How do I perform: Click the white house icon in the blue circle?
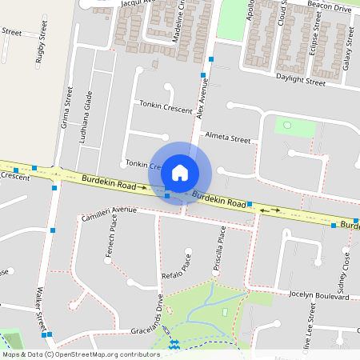180,172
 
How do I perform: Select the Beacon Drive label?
330,8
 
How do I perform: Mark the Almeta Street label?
228,138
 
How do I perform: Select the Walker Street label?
40,310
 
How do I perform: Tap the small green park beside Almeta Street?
287,126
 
